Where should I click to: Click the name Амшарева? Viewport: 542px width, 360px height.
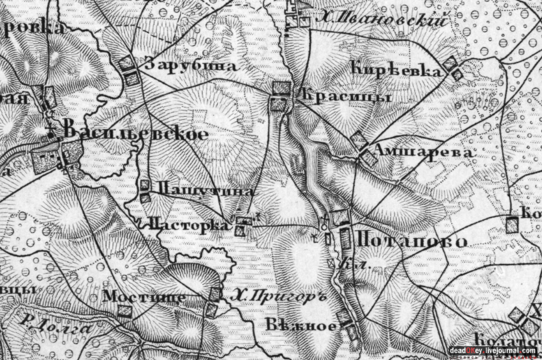(423, 152)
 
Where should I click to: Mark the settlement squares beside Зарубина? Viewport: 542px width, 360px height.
(130, 70)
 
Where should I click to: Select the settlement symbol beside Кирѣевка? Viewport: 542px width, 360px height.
(453, 68)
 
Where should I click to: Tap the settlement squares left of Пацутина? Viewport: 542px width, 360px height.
(145, 191)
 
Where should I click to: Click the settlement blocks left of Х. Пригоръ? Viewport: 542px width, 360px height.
(213, 301)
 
